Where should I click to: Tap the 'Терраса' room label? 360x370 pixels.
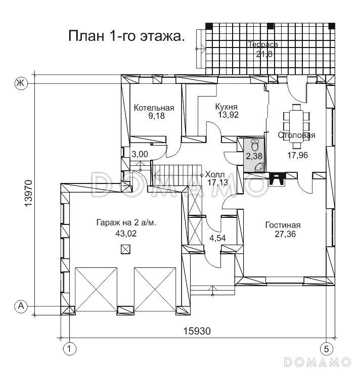pyautogui.click(x=263, y=44)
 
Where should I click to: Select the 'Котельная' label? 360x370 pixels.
pyautogui.click(x=154, y=108)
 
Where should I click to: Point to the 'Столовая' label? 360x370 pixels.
pyautogui.click(x=296, y=135)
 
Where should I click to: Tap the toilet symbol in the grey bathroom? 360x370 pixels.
pyautogui.click(x=254, y=144)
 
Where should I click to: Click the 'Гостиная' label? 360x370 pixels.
pyautogui.click(x=283, y=225)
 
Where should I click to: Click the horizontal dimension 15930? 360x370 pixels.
pyautogui.click(x=197, y=331)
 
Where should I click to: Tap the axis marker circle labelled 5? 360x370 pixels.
pyautogui.click(x=326, y=348)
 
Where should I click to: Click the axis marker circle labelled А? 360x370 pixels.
pyautogui.click(x=21, y=306)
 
